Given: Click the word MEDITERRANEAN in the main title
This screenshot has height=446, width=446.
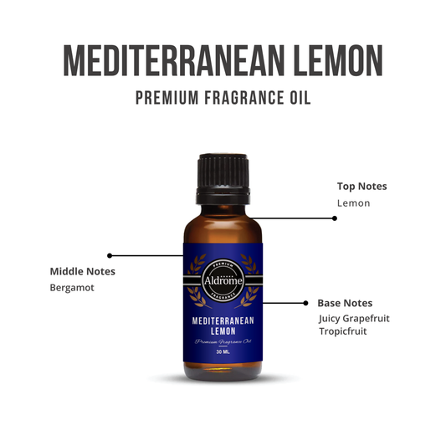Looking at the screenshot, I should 162,59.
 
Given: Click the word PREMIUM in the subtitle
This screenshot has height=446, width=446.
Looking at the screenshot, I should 166,98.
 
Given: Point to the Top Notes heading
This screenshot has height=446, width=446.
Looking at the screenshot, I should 361,186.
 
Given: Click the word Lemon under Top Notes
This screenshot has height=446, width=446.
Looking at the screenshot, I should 353,202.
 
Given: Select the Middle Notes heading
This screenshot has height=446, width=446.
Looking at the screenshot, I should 83,271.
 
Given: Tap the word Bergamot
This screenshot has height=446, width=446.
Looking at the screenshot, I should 72,288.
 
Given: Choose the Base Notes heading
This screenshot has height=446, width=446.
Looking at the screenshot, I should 345,303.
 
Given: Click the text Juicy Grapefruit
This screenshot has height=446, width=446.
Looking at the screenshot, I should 354,318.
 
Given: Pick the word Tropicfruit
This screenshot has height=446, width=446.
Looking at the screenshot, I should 343,331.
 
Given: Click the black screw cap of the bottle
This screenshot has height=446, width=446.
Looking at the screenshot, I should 223,174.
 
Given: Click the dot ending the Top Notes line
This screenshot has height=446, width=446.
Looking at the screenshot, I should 335,218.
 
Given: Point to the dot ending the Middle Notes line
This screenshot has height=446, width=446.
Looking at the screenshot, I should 110,255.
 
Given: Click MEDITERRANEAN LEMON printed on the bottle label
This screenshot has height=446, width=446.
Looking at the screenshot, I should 223,326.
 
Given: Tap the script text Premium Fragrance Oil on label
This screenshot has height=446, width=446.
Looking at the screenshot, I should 223,342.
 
